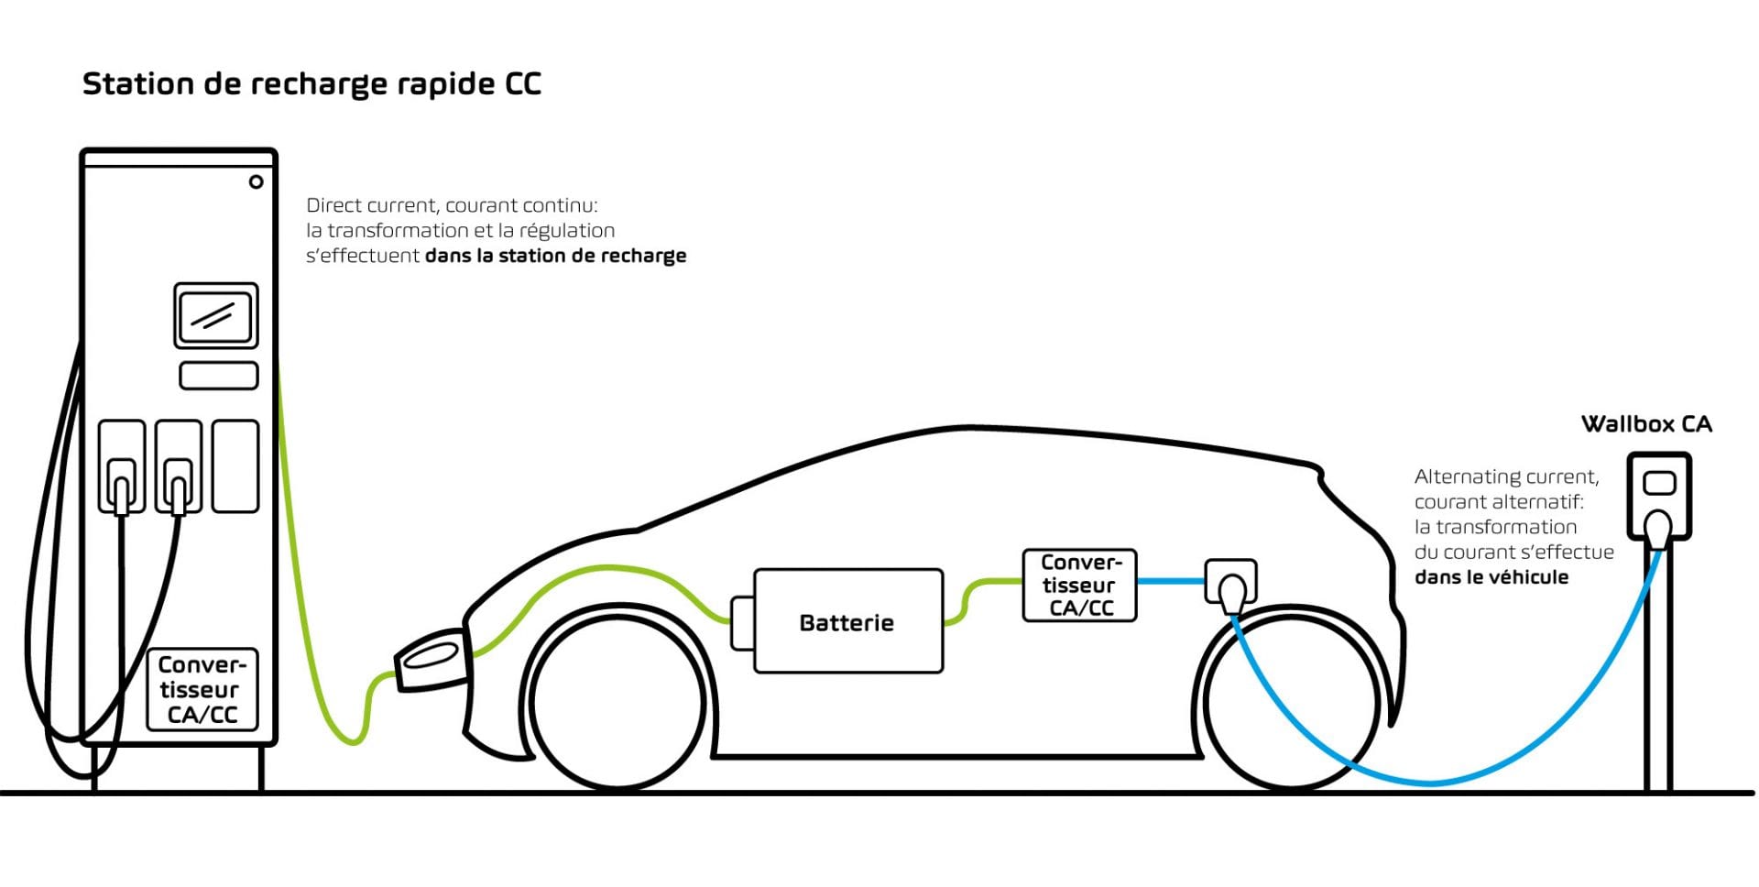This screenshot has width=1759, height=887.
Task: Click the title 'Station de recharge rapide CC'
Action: click(311, 84)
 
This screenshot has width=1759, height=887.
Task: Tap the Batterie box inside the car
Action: click(848, 621)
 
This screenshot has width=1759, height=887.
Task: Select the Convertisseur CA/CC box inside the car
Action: click(1079, 586)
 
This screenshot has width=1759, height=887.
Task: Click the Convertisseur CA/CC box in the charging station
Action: click(202, 690)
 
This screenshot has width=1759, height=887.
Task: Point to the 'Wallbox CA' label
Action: click(1646, 424)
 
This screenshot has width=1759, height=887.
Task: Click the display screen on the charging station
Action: click(216, 316)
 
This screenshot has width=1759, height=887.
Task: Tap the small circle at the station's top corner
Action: click(257, 181)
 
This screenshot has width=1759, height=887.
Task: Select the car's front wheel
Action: click(618, 701)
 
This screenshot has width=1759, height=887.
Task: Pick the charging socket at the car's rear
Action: click(1229, 584)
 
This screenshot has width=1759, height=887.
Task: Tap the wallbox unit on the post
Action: click(1659, 496)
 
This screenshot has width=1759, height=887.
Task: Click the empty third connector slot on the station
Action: click(235, 465)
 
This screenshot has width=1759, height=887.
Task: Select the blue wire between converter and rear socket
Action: click(1170, 581)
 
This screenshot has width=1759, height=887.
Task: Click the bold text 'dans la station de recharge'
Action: click(555, 256)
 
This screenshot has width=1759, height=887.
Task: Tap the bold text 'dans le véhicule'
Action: click(1491, 577)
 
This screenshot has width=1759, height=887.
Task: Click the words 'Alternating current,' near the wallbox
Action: click(1507, 477)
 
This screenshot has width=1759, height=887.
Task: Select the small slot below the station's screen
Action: click(219, 376)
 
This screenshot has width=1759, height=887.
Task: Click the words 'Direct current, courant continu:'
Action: click(452, 205)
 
